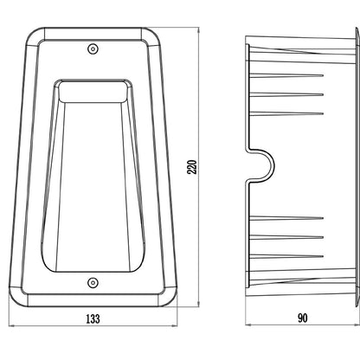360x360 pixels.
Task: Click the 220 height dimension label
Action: pyautogui.click(x=192, y=167)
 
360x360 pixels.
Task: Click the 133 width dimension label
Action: pyautogui.click(x=93, y=318)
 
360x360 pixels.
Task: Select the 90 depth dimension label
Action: pyautogui.click(x=302, y=318)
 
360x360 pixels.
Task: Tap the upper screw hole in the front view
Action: pyautogui.click(x=93, y=48)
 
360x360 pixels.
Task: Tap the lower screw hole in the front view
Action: pyautogui.click(x=93, y=283)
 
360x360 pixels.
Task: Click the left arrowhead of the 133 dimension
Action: pyautogui.click(x=11, y=326)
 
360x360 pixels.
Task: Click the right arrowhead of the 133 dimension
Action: pyautogui.click(x=174, y=326)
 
